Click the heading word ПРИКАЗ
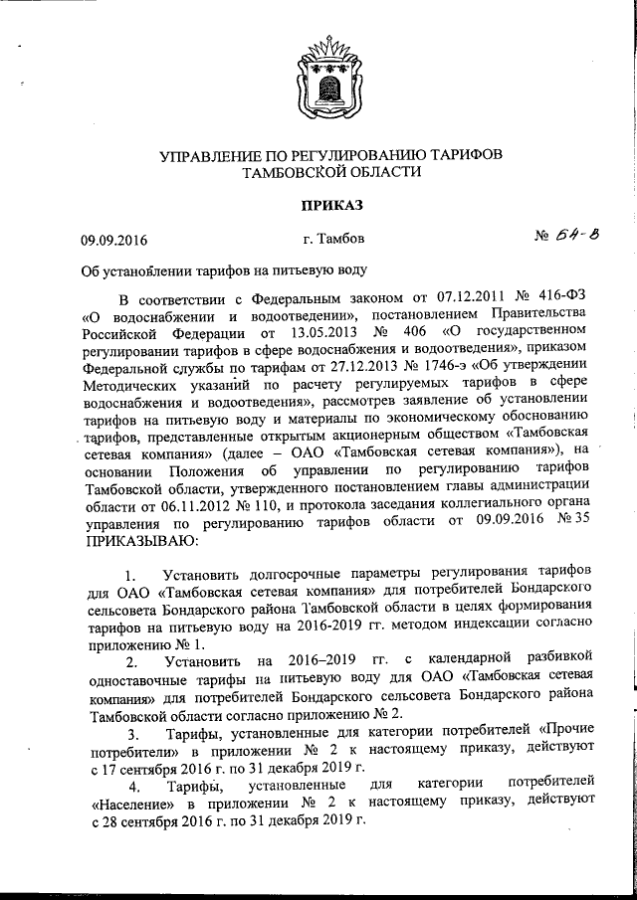[318, 205]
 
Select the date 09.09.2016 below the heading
[113, 240]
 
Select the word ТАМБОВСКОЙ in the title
[294, 172]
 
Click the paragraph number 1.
[132, 578]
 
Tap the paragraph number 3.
[132, 735]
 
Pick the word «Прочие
[562, 735]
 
